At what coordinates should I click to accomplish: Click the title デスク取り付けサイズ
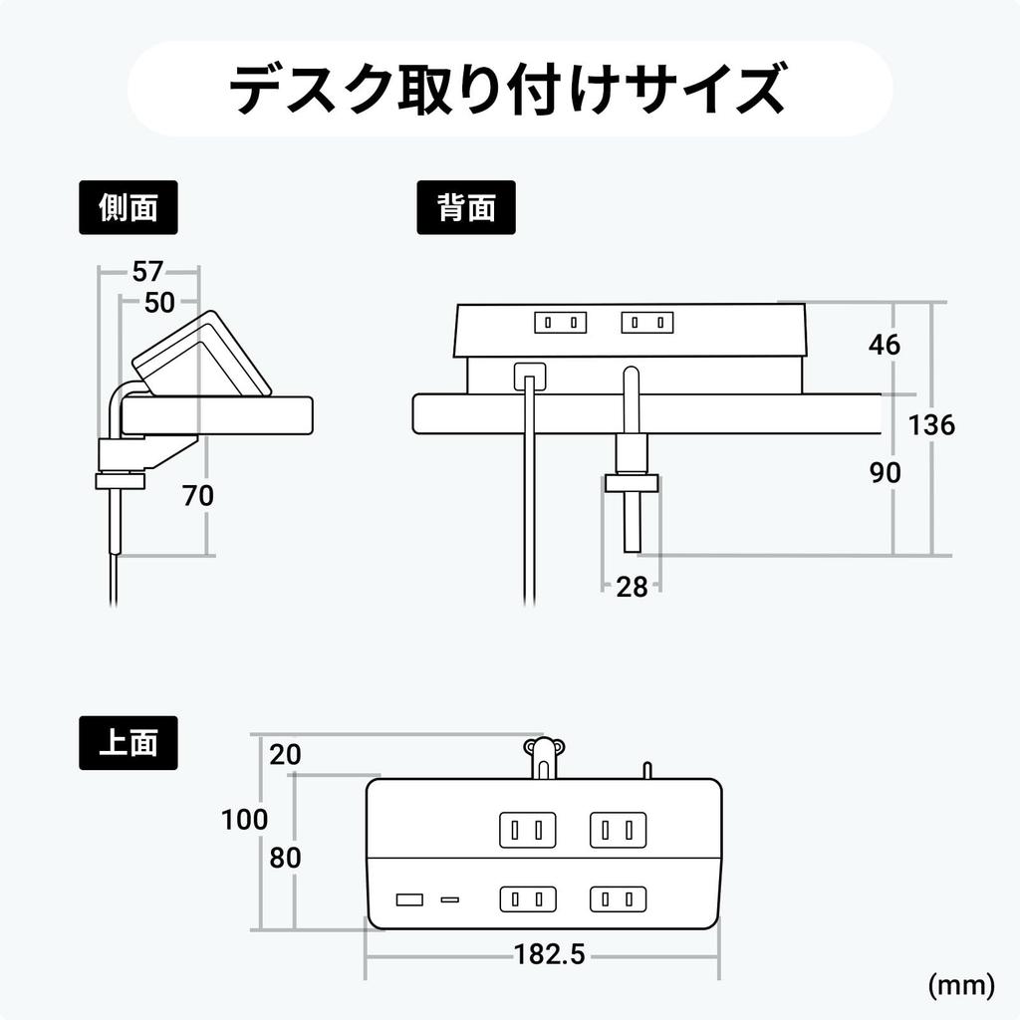[509, 89]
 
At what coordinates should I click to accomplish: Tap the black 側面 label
[128, 207]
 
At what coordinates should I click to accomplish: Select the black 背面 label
[465, 207]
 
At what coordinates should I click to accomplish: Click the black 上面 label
[128, 743]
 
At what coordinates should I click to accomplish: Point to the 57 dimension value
[148, 271]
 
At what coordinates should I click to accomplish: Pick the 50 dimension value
[159, 303]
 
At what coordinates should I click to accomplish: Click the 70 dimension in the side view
[198, 495]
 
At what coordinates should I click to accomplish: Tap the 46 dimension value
[884, 345]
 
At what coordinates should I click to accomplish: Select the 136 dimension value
[931, 425]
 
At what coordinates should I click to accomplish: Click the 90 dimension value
[885, 473]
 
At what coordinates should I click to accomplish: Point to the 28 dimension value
[632, 587]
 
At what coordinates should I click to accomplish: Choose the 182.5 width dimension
[549, 954]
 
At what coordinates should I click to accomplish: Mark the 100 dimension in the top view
[244, 820]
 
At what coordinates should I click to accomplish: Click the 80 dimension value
[285, 858]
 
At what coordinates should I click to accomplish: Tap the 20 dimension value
[285, 755]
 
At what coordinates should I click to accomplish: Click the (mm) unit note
[960, 985]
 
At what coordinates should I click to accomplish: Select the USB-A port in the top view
[408, 900]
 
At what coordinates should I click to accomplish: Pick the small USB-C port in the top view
[450, 900]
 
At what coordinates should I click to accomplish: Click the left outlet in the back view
[560, 323]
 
